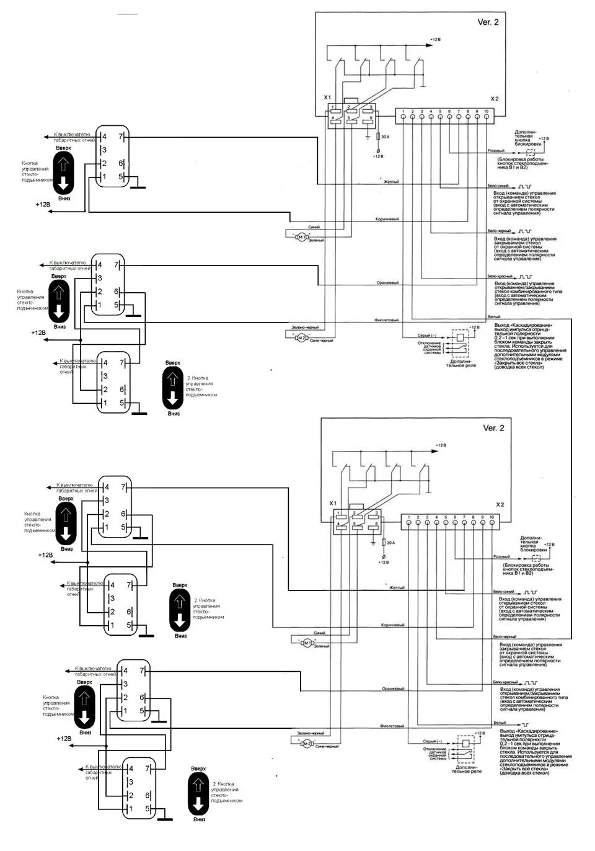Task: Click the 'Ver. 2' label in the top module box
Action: [488, 22]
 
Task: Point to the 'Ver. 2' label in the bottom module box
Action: [493, 428]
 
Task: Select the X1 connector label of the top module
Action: [327, 99]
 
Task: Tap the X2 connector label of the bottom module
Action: [500, 505]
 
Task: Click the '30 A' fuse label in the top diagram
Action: [384, 136]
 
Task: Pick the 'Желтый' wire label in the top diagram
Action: [391, 181]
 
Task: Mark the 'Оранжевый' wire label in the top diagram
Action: [387, 283]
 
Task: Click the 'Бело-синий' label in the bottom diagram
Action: [503, 592]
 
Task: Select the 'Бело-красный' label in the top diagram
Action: [499, 276]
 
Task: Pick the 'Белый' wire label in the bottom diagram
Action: [500, 723]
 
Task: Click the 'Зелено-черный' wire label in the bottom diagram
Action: [311, 733]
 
